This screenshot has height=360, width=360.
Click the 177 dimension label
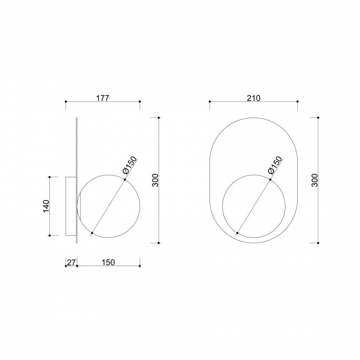pyautogui.click(x=102, y=98)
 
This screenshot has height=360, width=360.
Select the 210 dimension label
pyautogui.click(x=253, y=98)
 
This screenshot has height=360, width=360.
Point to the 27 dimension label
pyautogui.click(x=71, y=262)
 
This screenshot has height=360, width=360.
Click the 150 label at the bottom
pyautogui.click(x=108, y=262)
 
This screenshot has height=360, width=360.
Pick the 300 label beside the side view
pyautogui.click(x=155, y=180)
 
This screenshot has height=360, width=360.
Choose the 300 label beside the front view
pyautogui.click(x=315, y=180)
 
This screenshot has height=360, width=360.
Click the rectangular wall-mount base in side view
pyautogui.click(x=71, y=206)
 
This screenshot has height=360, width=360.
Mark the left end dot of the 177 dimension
pyautogui.click(x=66, y=102)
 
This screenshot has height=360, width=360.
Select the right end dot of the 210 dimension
pyautogui.click(x=297, y=102)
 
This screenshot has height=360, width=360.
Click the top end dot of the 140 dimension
pyautogui.click(x=49, y=177)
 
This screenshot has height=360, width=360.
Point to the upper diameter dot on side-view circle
pyautogui.click(x=125, y=179)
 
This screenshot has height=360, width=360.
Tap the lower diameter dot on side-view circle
pyautogui.click(x=92, y=233)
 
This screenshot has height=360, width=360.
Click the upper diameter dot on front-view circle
pyautogui.click(x=270, y=179)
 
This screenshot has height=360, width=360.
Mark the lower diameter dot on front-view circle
pyautogui.click(x=238, y=233)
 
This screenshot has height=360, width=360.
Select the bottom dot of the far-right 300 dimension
pyautogui.click(x=318, y=243)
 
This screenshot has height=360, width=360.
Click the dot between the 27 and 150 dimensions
pyautogui.click(x=77, y=266)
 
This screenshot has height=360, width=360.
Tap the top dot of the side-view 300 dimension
pyautogui.click(x=159, y=117)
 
